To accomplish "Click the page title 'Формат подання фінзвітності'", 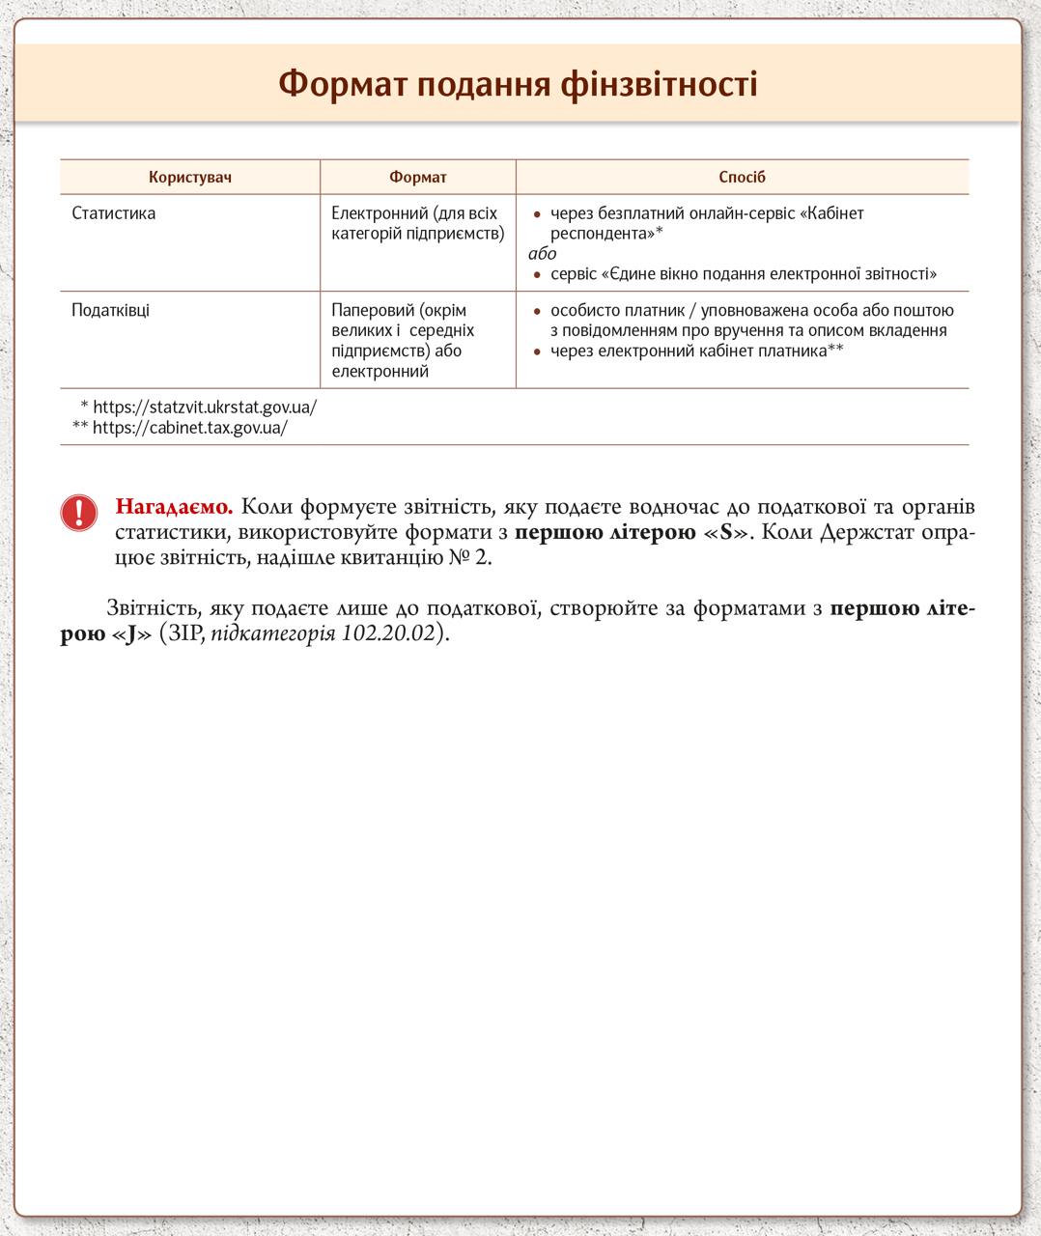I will (x=518, y=85).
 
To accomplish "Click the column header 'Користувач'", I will (x=190, y=178).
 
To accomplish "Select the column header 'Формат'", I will (x=417, y=178).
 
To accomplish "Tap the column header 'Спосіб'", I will (x=742, y=178).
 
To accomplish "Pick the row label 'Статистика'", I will (x=113, y=213).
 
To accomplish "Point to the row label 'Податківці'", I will (x=110, y=311).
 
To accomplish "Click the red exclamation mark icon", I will (x=79, y=513).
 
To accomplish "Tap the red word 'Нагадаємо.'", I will (x=174, y=507).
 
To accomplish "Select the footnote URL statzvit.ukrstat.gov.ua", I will (x=205, y=407).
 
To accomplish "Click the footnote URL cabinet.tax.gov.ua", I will (x=190, y=428).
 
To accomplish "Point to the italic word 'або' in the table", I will (x=543, y=254).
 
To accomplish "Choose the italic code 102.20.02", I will (x=389, y=634).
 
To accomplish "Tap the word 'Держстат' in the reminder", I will (x=862, y=533).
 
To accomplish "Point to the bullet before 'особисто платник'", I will (x=538, y=312).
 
